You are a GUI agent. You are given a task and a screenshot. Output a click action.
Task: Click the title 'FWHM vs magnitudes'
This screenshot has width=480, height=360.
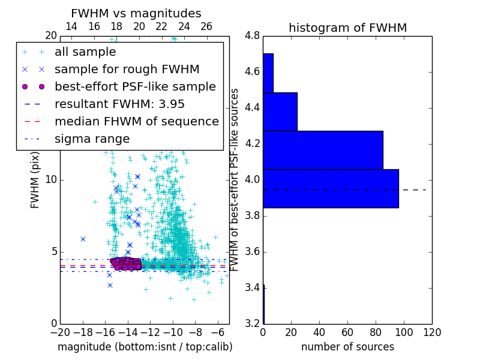[136, 13]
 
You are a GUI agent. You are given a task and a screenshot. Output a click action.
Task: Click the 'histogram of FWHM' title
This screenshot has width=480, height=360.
[347, 28]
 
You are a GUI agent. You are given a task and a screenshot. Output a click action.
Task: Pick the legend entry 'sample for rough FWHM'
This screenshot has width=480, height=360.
[127, 69]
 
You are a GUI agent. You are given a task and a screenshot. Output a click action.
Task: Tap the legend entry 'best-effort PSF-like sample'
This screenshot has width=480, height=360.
[135, 86]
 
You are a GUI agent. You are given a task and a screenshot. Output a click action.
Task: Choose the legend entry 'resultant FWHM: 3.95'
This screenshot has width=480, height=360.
[119, 104]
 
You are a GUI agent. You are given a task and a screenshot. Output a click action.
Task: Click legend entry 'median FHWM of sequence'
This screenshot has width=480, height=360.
[136, 121]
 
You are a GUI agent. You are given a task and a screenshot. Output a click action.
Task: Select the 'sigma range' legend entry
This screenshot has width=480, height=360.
[92, 139]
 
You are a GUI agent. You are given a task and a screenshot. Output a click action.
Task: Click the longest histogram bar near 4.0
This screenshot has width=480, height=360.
[331, 188]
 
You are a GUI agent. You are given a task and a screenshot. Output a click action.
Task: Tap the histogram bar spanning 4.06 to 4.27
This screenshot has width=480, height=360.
[323, 150]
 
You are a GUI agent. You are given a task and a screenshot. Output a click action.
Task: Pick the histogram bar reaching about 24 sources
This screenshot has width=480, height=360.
[280, 112]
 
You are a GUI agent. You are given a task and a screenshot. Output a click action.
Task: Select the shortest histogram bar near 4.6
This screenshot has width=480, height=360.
[268, 73]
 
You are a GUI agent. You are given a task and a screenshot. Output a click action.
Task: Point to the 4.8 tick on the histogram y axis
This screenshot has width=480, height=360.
[252, 35]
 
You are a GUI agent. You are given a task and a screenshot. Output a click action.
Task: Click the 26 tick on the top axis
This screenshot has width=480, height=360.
[206, 26]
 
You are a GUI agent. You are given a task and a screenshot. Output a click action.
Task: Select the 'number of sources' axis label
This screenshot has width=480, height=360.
[347, 347]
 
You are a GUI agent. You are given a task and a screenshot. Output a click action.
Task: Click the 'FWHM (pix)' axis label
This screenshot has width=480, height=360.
[35, 179]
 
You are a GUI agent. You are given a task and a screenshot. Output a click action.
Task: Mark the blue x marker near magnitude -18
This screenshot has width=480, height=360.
[83, 239]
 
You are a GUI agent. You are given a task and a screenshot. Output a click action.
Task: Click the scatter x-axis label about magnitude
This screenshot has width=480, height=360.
[145, 347]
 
